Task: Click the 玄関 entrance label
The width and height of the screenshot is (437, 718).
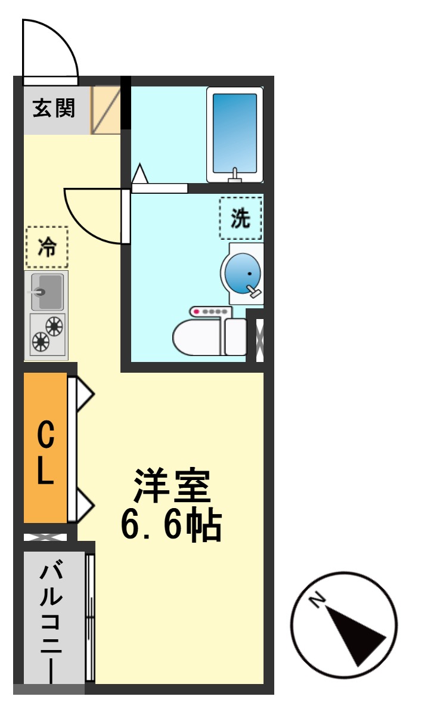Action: coord(54,109)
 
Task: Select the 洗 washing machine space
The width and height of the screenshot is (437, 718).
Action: coord(240,219)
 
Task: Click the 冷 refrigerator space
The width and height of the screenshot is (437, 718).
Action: coord(47,247)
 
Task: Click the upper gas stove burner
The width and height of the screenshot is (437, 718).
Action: coord(54,326)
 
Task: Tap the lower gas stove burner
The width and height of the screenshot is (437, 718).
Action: coord(41,342)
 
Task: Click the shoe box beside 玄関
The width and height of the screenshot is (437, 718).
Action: coord(106,110)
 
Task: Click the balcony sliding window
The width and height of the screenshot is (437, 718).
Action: coord(90,617)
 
